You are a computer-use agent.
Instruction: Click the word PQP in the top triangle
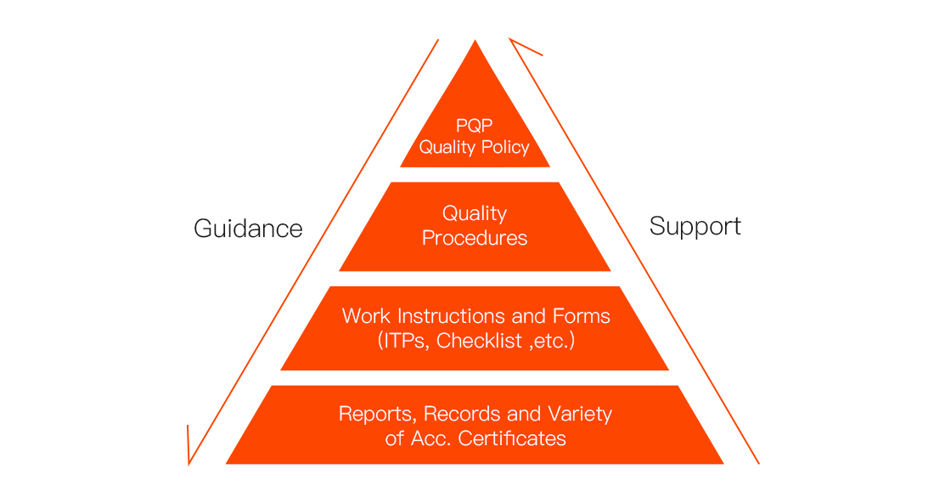coord(475,126)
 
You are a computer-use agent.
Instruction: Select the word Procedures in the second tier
coord(475,238)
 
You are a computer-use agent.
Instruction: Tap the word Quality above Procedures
coord(475,213)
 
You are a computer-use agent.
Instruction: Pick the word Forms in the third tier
coord(581,316)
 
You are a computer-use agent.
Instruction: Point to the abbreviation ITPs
coord(404,342)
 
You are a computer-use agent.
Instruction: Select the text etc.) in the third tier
coord(554,342)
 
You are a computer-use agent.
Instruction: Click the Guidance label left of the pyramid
coord(248,229)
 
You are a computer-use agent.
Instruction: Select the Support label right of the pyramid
coord(695,226)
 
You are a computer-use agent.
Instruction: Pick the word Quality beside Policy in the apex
coord(447,148)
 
